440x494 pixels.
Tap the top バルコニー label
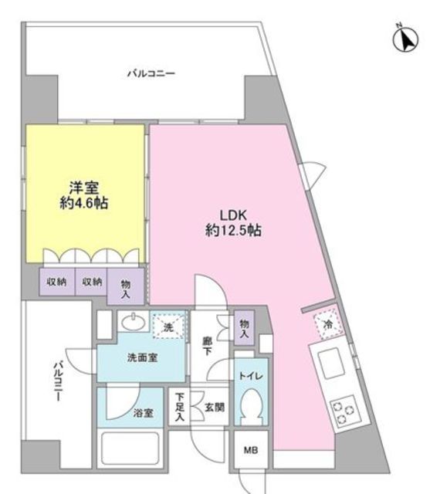[151, 74]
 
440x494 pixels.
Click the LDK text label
[233, 215]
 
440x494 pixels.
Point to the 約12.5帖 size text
[233, 230]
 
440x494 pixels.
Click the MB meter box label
[251, 450]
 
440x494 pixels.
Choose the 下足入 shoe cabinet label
[180, 407]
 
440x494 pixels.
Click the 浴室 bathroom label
[143, 413]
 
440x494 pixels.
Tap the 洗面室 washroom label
[142, 357]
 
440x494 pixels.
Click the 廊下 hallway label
[206, 343]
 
